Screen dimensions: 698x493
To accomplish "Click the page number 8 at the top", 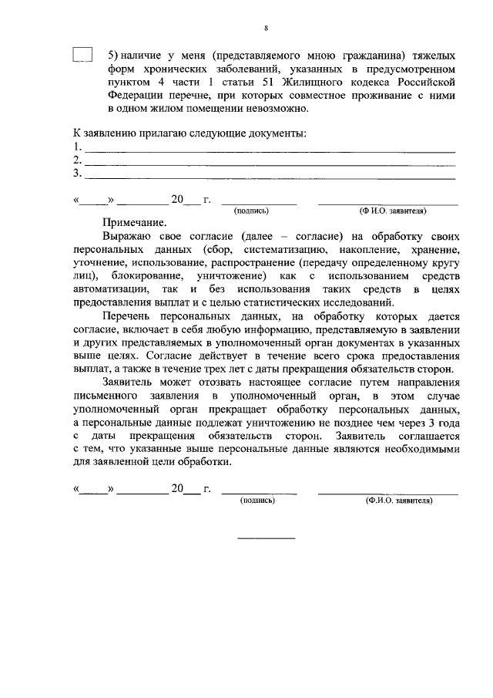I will (265, 28).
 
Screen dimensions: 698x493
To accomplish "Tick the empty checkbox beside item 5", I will (82, 55).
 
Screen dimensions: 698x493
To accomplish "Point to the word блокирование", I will (146, 275).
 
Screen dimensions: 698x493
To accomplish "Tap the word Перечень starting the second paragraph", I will (128, 316).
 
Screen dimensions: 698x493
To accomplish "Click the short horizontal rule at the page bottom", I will (266, 538).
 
